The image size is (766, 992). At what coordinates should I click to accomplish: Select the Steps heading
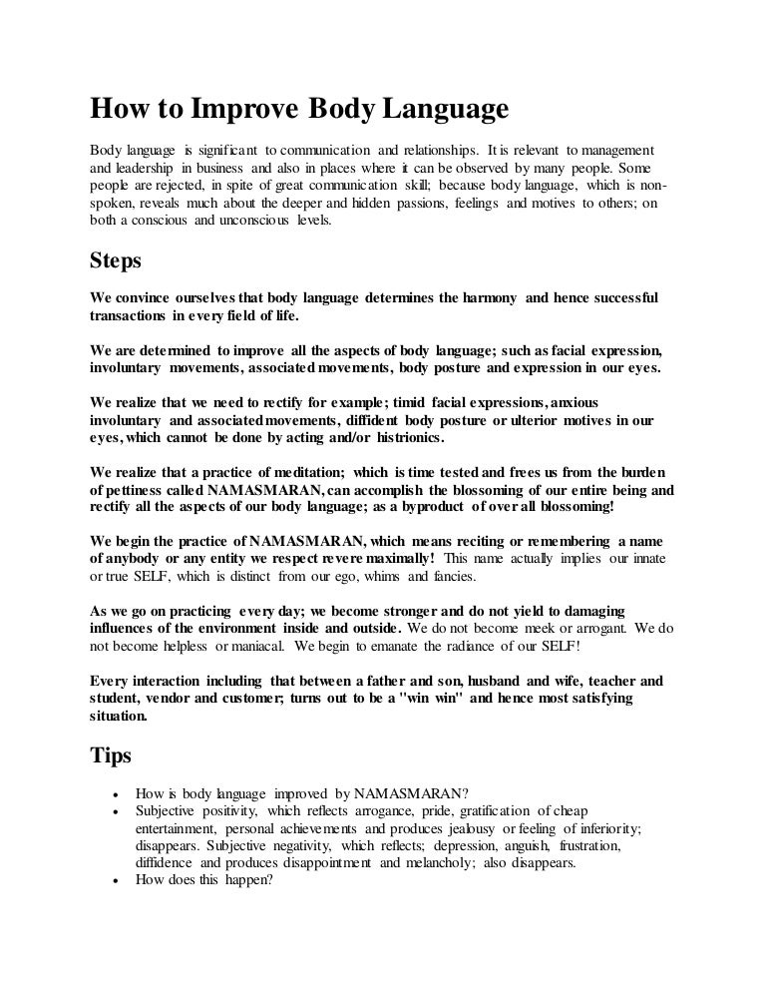point(116,262)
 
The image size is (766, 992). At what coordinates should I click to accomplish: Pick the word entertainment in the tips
point(178,829)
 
